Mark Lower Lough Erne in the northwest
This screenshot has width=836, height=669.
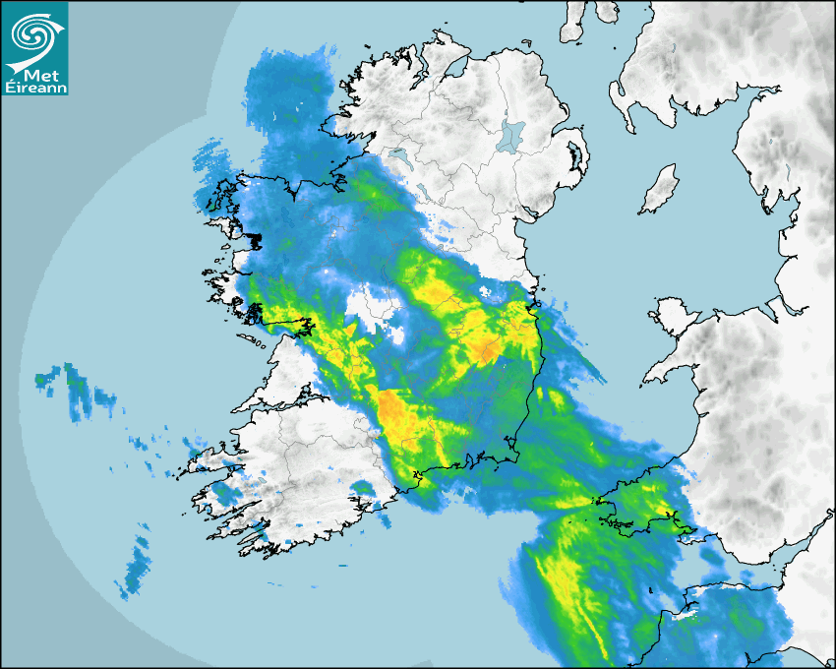click(x=398, y=155)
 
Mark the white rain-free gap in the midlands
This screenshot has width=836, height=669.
click(x=375, y=304)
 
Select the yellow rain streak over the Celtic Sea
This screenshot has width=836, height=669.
click(x=570, y=590)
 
